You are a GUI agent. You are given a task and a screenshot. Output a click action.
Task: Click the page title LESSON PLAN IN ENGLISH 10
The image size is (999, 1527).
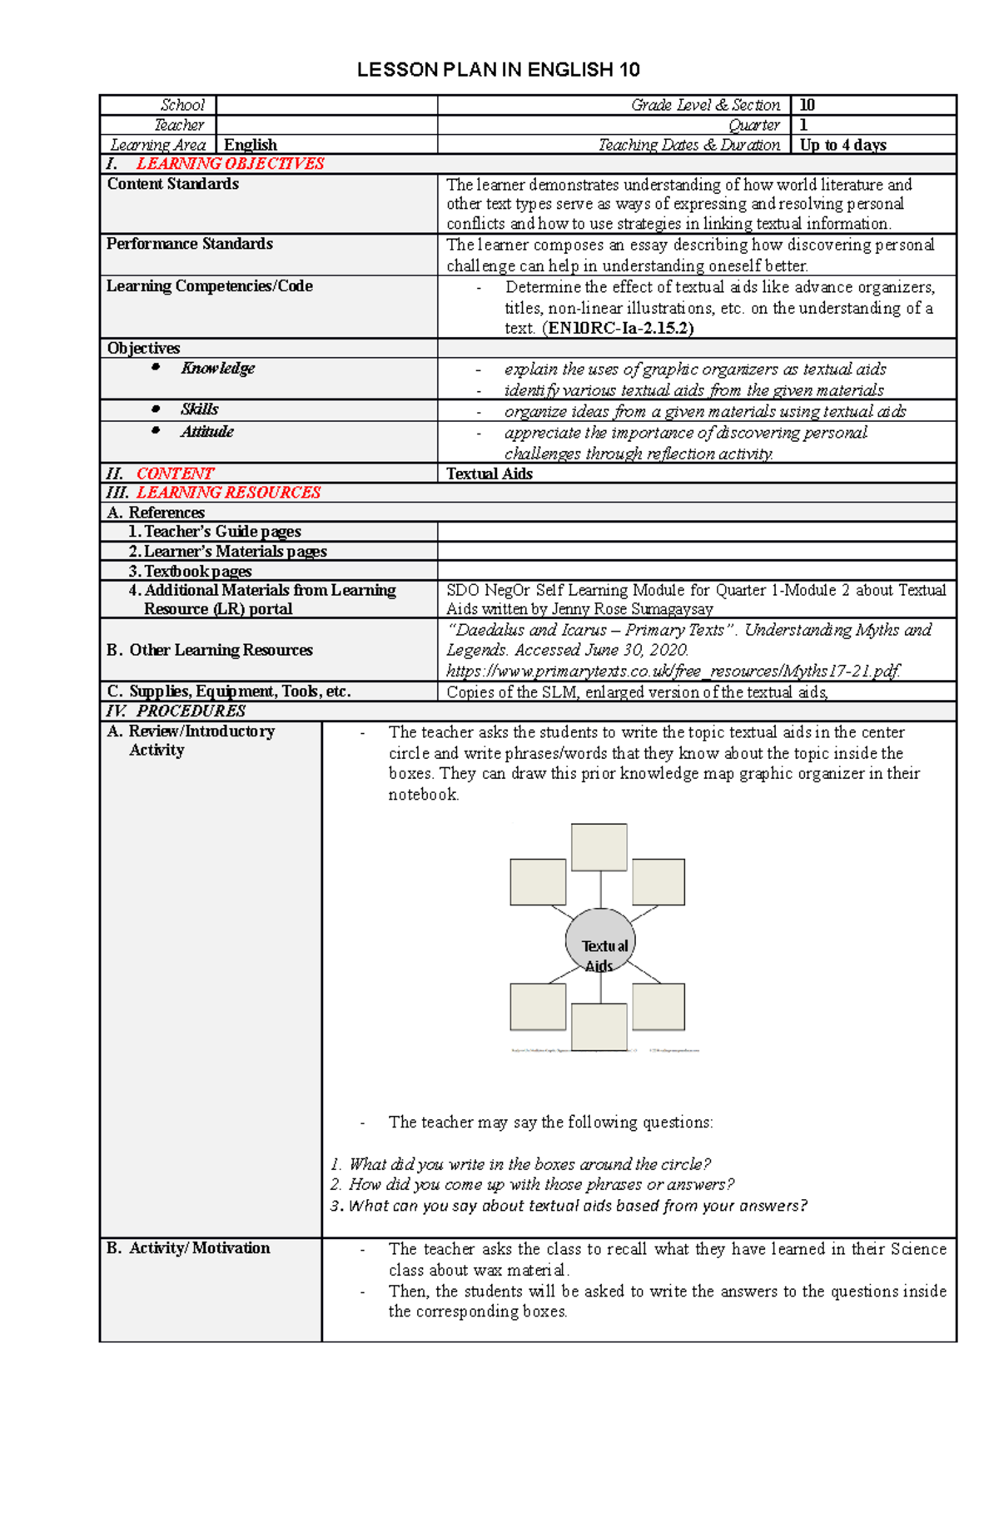(x=498, y=70)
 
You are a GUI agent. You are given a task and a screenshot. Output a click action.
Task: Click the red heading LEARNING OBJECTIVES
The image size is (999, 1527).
(x=230, y=164)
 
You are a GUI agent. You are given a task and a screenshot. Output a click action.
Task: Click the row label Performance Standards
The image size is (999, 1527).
(x=190, y=244)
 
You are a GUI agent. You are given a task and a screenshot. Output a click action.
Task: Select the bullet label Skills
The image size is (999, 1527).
(x=199, y=409)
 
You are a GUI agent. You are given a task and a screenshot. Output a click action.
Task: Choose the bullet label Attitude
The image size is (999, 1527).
(x=206, y=431)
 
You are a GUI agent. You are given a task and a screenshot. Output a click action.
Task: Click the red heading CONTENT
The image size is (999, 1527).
(x=175, y=473)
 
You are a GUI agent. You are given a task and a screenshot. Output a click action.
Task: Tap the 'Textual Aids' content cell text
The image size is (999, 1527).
(x=490, y=473)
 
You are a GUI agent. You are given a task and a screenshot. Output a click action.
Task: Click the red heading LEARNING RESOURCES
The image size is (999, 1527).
(x=228, y=493)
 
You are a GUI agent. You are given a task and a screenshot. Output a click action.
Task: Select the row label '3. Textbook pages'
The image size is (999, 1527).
(x=190, y=571)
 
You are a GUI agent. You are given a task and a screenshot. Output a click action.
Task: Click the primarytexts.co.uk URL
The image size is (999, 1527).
(x=673, y=671)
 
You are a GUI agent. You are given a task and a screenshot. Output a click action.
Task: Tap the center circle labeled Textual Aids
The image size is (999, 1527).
(x=600, y=942)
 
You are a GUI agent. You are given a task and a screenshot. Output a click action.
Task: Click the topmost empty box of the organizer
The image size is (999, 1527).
(x=599, y=847)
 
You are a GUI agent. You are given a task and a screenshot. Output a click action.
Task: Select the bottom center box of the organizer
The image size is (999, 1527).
(x=599, y=1026)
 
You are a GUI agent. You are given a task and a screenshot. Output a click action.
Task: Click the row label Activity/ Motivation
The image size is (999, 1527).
(x=188, y=1247)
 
